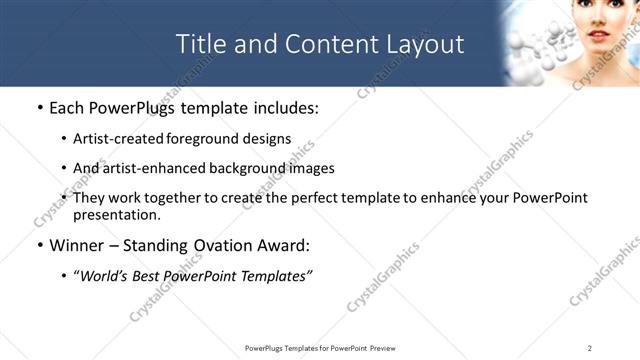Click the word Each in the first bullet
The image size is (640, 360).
coord(67,108)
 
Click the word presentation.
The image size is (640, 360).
coord(116,215)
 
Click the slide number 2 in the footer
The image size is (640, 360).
coord(590,348)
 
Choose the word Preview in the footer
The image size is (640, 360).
coord(389,348)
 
